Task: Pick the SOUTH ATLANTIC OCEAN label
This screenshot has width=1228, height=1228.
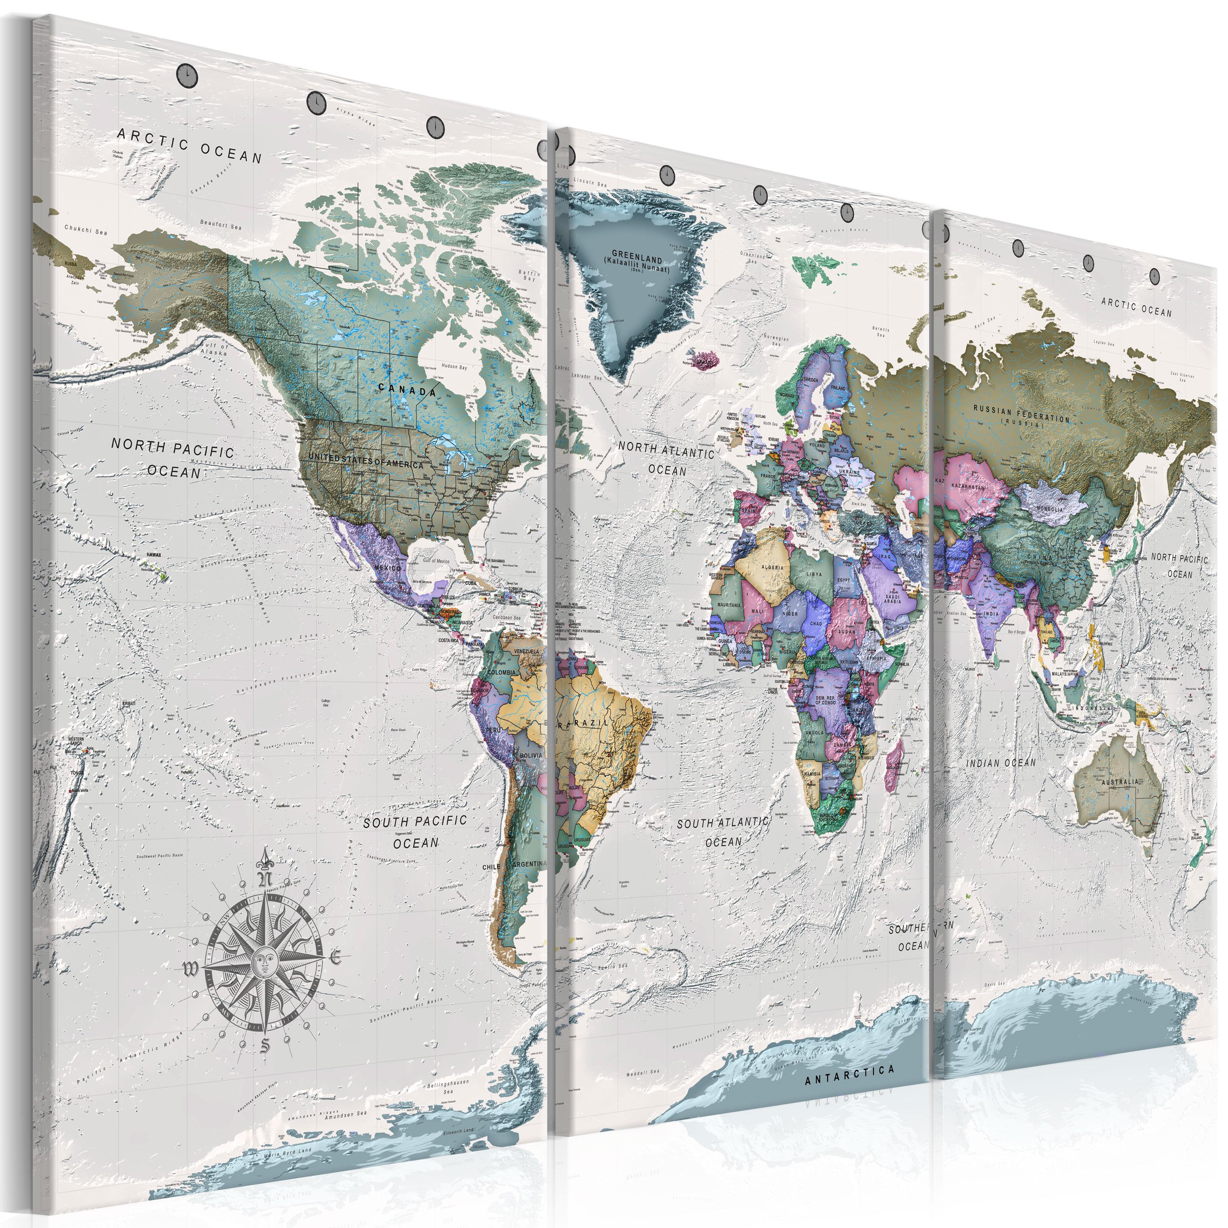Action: click(x=723, y=831)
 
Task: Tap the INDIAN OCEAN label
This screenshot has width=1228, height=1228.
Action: click(x=1001, y=763)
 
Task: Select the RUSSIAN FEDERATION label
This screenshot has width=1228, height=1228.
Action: click(x=1022, y=414)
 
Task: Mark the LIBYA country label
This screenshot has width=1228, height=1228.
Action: click(x=814, y=574)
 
